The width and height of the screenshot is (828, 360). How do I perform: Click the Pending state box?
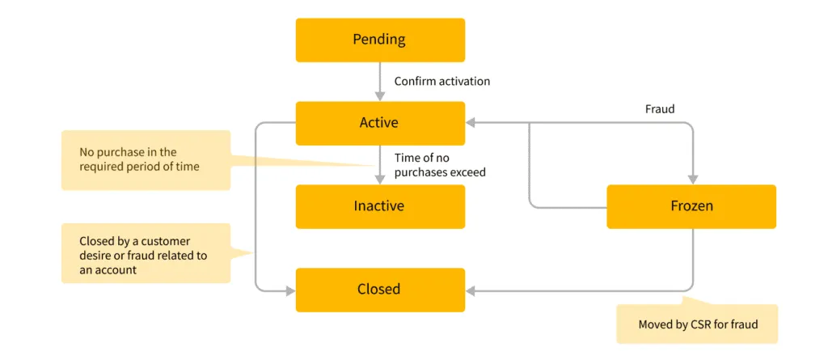point(380,40)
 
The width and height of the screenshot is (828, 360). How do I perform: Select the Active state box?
point(380,123)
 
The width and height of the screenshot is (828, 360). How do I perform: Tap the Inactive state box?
point(380,206)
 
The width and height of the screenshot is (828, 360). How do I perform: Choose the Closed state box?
point(380,290)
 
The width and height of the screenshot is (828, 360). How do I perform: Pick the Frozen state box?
point(691,206)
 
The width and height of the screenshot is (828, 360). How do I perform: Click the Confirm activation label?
point(441,82)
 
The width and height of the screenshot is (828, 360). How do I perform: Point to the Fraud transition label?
point(660,108)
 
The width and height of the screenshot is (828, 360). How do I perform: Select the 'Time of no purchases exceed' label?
point(440,165)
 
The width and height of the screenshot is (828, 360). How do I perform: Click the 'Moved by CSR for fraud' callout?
point(697,324)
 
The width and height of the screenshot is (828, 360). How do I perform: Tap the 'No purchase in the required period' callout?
point(146,160)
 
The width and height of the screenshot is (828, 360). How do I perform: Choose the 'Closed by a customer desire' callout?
point(146,255)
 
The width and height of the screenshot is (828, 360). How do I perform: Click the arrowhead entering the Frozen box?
point(692,179)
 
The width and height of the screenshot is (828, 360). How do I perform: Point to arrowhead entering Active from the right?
point(471,123)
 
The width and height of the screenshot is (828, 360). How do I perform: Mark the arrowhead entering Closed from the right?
point(471,290)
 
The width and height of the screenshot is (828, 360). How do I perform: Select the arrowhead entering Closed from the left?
point(289,290)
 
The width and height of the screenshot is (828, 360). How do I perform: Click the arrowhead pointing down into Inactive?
point(380,179)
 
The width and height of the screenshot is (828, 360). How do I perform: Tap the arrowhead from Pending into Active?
point(380,95)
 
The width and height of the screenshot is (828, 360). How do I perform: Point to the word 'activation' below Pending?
point(464,82)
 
